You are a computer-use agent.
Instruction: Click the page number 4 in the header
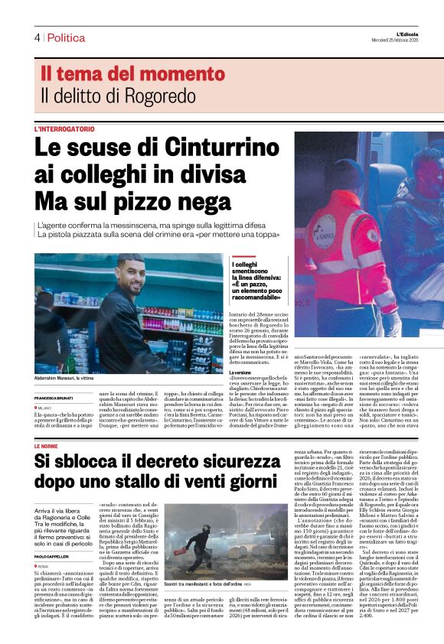[x=36, y=37]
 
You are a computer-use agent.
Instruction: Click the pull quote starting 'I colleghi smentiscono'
[x=257, y=280]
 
